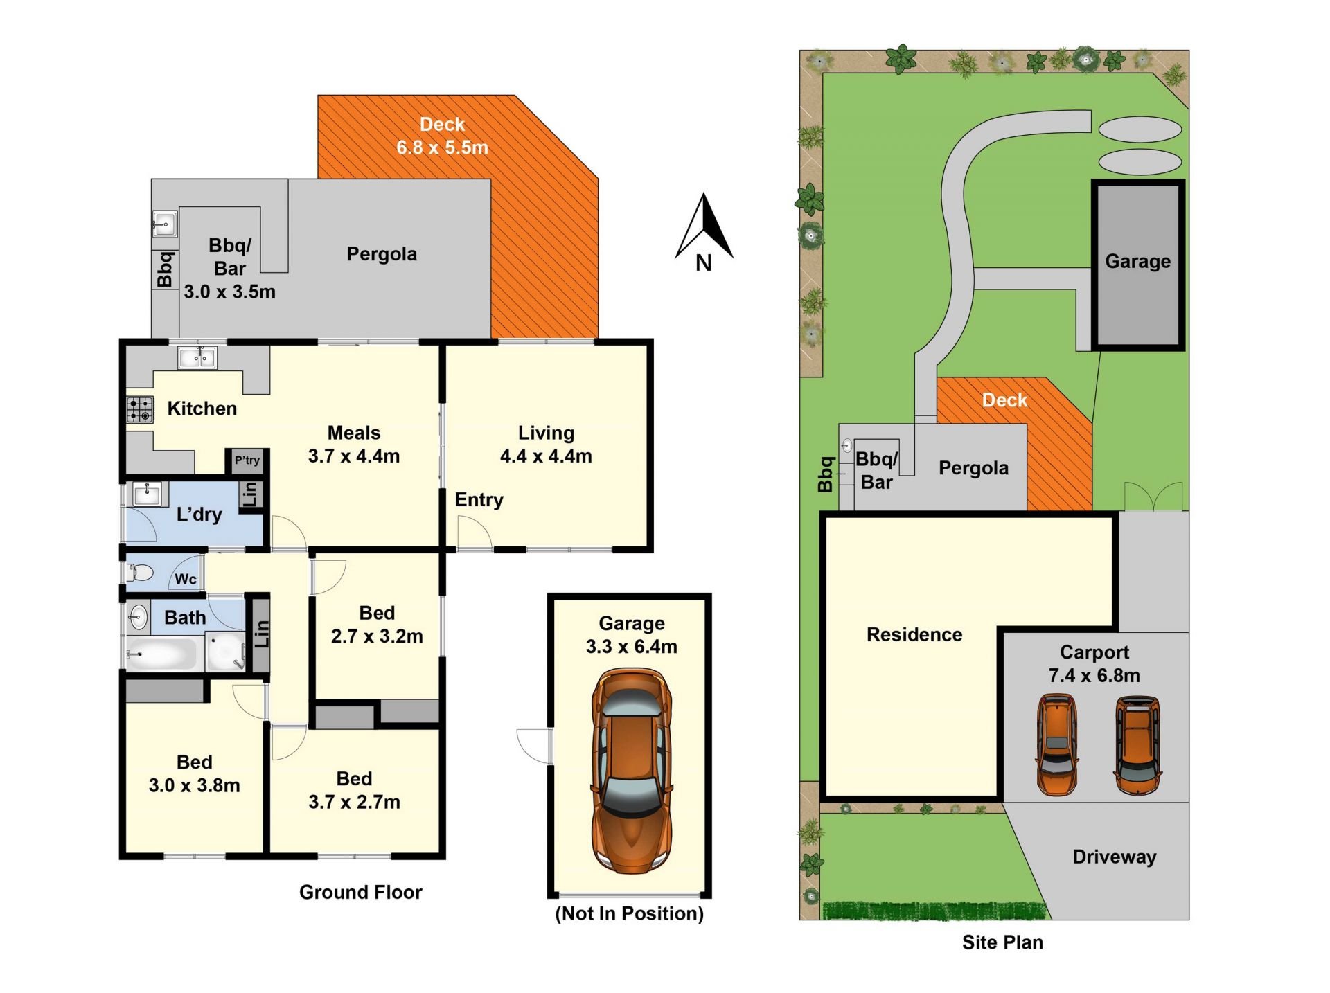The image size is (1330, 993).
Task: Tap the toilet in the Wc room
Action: (140, 573)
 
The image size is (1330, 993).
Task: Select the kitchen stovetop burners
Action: (140, 409)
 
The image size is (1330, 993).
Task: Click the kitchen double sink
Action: (197, 357)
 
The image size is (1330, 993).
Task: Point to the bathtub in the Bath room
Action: (161, 654)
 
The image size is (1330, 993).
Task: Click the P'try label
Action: (247, 460)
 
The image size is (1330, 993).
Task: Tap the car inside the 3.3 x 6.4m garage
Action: (631, 771)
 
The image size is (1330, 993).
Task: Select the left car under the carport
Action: (1057, 745)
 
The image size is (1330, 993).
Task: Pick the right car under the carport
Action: (1138, 745)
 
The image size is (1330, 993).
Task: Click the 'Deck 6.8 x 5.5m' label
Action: (442, 136)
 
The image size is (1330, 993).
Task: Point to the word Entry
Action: (479, 500)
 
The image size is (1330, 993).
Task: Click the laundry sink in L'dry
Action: (147, 494)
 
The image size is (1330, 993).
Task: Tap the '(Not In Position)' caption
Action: (629, 913)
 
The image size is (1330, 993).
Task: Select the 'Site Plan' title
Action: (1002, 942)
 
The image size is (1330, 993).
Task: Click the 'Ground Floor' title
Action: (360, 892)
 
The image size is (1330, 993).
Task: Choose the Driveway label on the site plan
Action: (1115, 857)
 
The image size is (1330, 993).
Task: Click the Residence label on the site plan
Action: (914, 634)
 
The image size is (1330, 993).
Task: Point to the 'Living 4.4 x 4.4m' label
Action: (546, 445)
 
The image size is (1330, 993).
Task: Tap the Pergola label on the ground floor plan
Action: (382, 254)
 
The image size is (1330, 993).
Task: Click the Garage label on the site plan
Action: (1137, 261)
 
